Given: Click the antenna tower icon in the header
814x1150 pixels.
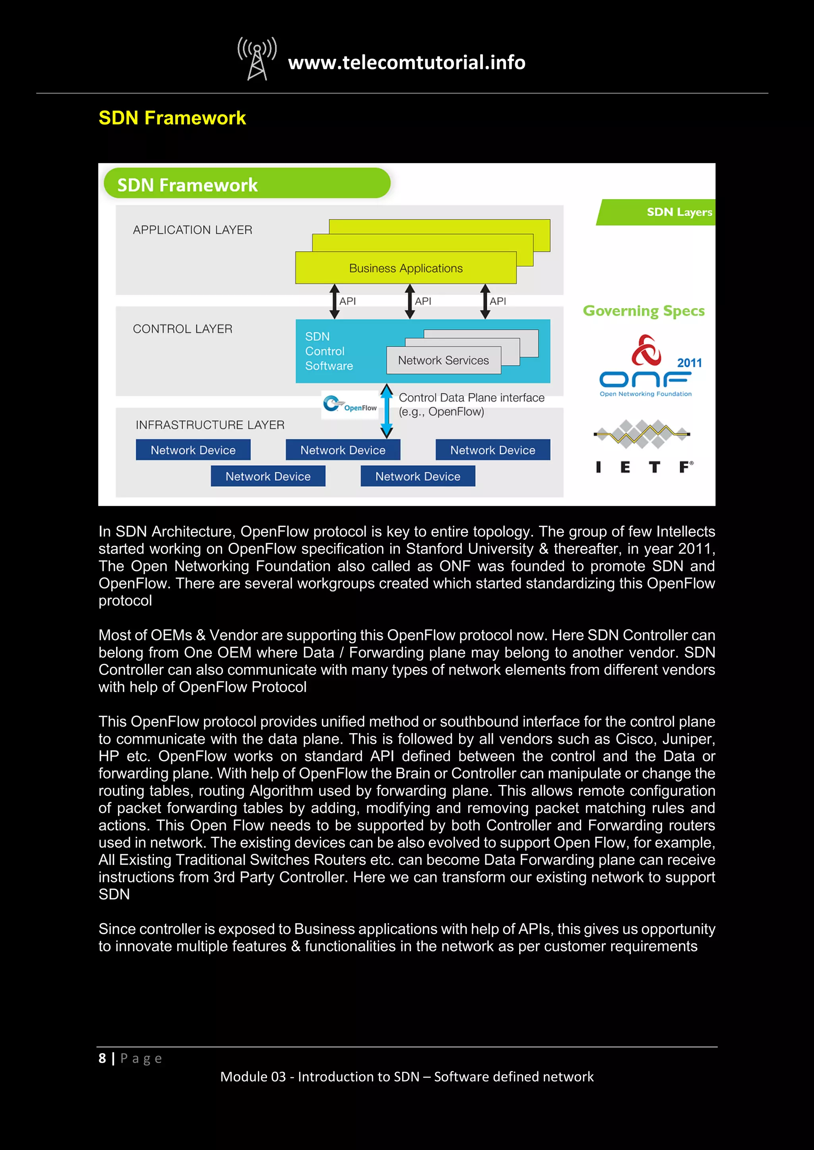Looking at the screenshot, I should click(257, 59).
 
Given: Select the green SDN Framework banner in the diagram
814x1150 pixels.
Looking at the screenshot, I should click(246, 184).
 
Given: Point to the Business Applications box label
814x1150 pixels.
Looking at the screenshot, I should click(405, 268).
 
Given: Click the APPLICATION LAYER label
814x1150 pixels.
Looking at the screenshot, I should click(192, 230).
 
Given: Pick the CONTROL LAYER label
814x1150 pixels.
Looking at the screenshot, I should click(182, 329).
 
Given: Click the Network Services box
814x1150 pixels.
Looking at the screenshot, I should click(443, 360).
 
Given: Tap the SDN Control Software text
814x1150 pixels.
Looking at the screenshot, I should click(329, 351).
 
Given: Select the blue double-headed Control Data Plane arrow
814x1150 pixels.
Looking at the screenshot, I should click(386, 411).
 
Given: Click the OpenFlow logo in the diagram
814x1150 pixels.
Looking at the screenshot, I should click(350, 405).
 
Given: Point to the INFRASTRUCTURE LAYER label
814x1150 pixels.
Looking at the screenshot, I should click(209, 425).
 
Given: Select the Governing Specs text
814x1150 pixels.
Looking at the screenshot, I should click(643, 311).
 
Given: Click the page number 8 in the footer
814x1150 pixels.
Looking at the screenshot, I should click(102, 1058).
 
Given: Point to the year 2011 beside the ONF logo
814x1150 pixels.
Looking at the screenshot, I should click(689, 363).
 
